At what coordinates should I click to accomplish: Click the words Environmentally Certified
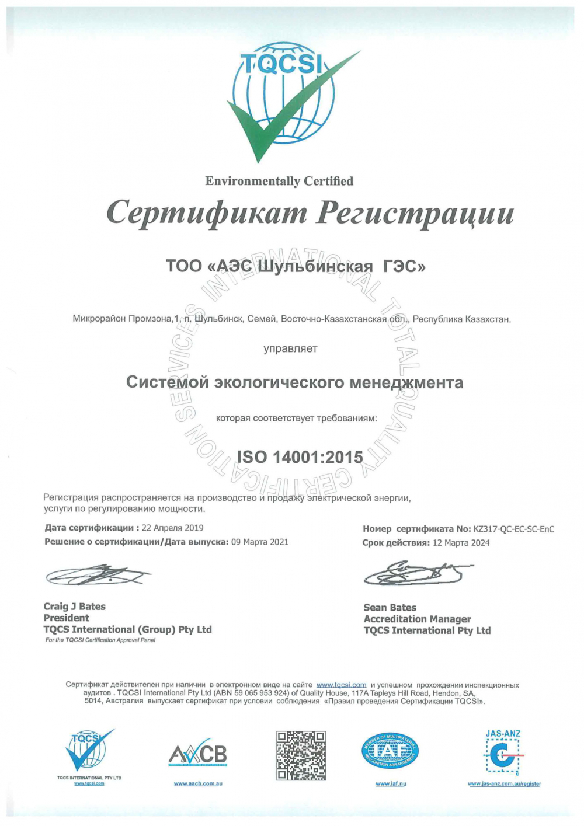tap(279, 182)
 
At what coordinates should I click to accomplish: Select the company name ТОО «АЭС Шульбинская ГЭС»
tap(296, 267)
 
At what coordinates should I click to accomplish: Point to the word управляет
tap(290, 349)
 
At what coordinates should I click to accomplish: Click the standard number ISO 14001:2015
tap(300, 457)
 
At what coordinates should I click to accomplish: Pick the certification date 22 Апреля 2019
tap(173, 528)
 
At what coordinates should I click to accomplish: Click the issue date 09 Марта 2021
tap(260, 542)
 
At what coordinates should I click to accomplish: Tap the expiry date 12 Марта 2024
tap(461, 543)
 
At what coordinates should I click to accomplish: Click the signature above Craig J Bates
tap(96, 576)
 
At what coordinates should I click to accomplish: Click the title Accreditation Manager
tap(417, 619)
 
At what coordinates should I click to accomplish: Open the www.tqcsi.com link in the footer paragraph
tap(341, 685)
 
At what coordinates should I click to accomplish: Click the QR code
tap(301, 755)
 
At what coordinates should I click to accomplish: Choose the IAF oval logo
tap(390, 751)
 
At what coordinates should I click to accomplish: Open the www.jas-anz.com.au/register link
tap(504, 784)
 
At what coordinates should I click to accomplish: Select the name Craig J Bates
tap(75, 607)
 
